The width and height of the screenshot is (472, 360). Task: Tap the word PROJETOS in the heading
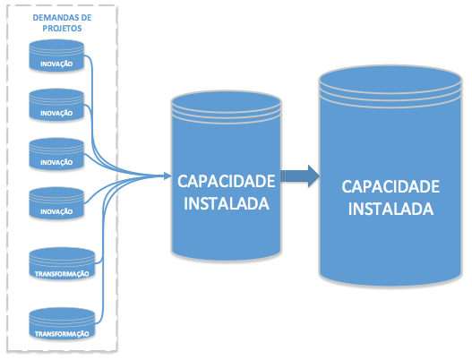click(x=62, y=29)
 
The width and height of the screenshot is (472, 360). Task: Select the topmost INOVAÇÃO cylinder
click(x=56, y=56)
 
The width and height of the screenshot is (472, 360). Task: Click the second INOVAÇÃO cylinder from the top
click(x=56, y=105)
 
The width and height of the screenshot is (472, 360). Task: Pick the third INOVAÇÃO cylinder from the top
click(x=56, y=154)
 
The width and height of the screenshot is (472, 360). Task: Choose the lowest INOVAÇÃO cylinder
click(x=56, y=203)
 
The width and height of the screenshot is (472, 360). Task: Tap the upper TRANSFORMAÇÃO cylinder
click(x=62, y=263)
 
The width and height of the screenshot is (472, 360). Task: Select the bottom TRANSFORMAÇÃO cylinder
click(x=62, y=324)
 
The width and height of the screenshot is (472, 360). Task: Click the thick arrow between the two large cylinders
click(x=300, y=176)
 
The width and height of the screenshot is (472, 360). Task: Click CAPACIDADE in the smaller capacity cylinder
click(x=227, y=181)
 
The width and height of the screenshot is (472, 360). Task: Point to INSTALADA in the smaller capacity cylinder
click(x=227, y=204)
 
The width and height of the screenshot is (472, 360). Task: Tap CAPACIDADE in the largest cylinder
click(x=390, y=186)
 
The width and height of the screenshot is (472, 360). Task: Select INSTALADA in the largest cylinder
click(x=390, y=209)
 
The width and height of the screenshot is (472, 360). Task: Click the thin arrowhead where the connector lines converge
click(x=167, y=176)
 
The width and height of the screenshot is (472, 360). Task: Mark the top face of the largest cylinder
click(x=390, y=79)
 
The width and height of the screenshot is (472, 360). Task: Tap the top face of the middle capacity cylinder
click(x=227, y=101)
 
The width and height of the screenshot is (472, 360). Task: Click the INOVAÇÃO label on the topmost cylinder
click(x=56, y=64)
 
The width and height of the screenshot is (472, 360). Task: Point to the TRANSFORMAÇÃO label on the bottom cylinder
click(x=62, y=334)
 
